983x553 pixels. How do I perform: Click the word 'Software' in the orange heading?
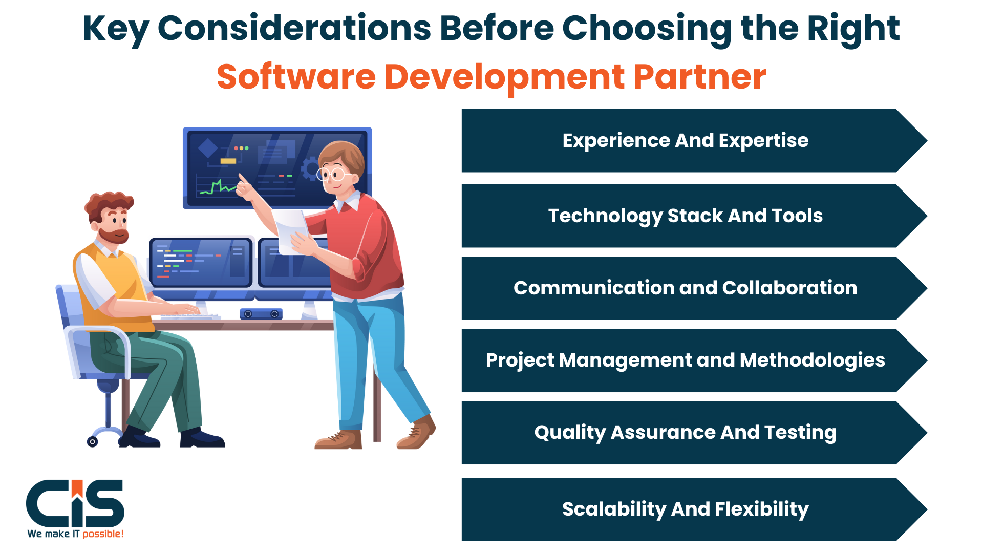coord(296,77)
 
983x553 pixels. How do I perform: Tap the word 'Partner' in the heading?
coord(699,77)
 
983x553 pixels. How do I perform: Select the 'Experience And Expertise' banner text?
coord(686,140)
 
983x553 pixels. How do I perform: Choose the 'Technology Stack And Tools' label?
coord(686,216)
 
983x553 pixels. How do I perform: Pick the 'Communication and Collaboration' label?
coord(686,288)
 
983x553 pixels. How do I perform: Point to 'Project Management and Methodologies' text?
coord(686,360)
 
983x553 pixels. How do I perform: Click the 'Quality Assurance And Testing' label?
coord(686,433)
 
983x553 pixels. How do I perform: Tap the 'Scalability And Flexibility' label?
coord(686,509)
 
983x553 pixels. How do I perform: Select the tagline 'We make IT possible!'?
coord(75,534)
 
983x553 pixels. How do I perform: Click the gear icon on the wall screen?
coord(310,168)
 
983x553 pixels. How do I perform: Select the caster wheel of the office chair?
coord(93,441)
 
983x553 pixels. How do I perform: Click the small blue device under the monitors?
coord(261,314)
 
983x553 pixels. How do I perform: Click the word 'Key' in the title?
coord(116,29)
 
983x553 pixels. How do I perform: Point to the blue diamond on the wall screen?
coord(208,148)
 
